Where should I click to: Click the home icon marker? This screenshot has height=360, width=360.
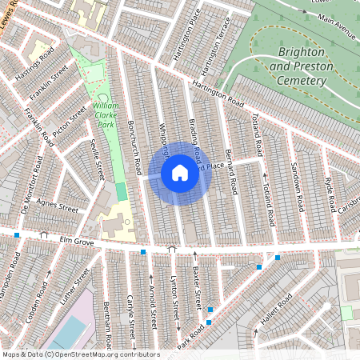pos(180,173)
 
